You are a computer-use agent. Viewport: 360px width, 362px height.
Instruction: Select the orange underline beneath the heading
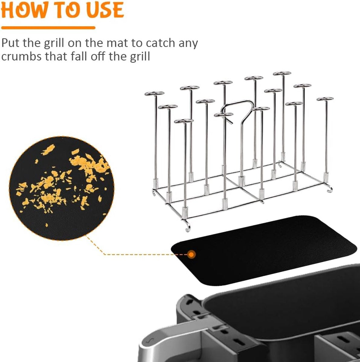pos(48,28)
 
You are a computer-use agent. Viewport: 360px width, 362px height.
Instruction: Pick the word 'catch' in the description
pos(160,43)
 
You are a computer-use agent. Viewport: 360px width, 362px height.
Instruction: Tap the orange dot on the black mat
pos(191,254)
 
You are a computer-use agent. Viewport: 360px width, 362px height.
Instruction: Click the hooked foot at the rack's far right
pos(329,189)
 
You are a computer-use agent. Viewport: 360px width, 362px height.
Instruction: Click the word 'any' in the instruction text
pos(188,43)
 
